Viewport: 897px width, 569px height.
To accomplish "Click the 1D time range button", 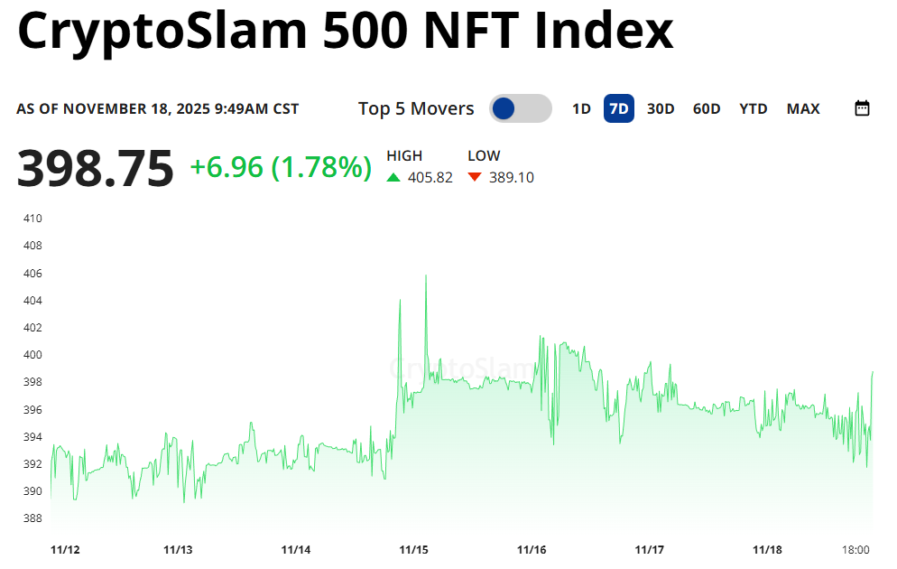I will coord(581,109).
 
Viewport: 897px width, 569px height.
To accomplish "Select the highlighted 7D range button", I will coord(619,109).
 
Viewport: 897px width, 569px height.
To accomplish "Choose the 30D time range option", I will coord(661,109).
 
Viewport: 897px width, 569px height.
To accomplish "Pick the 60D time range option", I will coord(707,109).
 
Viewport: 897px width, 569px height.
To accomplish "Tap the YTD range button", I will coord(753,109).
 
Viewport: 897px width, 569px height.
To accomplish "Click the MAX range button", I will coord(803,109).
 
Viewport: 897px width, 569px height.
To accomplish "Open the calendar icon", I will coord(862,109).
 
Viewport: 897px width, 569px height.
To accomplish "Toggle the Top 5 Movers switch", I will coord(520,109).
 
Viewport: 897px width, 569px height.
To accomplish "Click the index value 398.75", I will coord(95,169).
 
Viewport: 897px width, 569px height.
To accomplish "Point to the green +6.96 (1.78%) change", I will coord(281,167).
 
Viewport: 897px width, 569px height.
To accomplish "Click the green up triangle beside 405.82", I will coord(393,178).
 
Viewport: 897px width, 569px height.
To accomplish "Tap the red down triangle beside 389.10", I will coord(475,178).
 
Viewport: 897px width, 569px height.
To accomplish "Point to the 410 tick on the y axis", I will coord(32,219).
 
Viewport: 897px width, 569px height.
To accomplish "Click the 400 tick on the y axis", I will coord(32,355).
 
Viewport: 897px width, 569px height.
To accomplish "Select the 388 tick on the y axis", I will coord(32,518).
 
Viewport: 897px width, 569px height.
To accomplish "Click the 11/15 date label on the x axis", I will coord(414,550).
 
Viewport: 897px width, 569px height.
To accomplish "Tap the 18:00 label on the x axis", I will coord(855,550).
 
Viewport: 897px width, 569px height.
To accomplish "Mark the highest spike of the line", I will coord(426,275).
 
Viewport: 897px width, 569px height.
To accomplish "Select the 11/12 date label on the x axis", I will coord(65,550).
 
